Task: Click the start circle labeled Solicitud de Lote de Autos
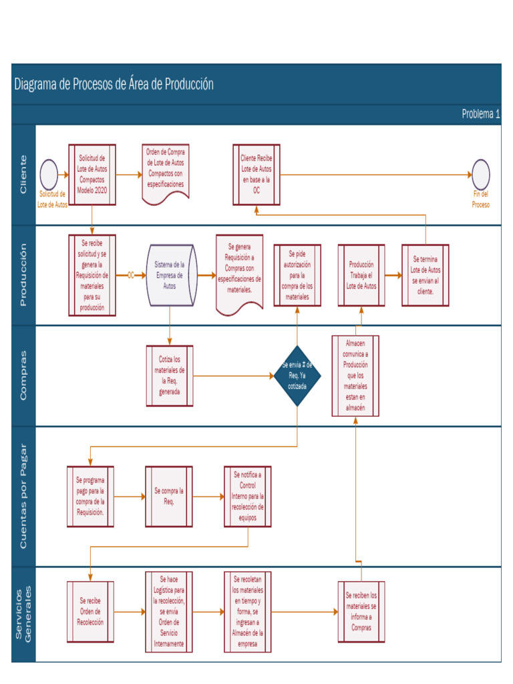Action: pos(49,174)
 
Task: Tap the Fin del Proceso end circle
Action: pos(480,174)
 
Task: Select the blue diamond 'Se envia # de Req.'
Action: pos(297,375)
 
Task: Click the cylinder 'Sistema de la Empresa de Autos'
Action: pos(170,275)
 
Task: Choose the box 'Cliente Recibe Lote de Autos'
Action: pos(256,175)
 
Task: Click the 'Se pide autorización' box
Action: pos(297,275)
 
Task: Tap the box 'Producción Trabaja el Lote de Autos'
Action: pos(361,275)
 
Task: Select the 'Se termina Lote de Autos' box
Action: pos(425,275)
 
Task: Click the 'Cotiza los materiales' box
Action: pos(170,375)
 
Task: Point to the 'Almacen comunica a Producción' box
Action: pos(355,375)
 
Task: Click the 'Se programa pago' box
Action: pos(90,496)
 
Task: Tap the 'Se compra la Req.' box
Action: pos(169,496)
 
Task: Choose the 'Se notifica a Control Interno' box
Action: pos(247,496)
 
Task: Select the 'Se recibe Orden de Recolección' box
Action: pos(90,611)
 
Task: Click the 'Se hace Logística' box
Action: pos(169,611)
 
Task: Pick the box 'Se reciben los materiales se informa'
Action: pos(361,611)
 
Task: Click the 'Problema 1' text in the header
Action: pos(480,114)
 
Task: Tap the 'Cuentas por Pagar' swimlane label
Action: pos(23,496)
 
